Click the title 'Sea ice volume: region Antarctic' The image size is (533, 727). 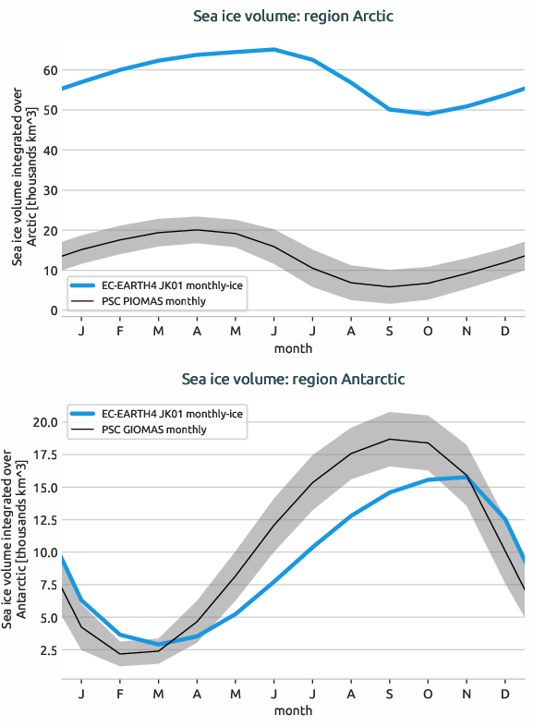click(293, 379)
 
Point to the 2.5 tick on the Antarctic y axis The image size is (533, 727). click(46, 650)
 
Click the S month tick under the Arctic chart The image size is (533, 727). click(389, 330)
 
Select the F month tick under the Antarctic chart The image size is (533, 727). click(120, 692)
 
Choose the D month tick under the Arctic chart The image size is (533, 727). click(504, 330)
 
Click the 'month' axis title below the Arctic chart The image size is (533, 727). click(293, 348)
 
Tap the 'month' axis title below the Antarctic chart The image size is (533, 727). click(293, 710)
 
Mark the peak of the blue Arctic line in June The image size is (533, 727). click(273, 49)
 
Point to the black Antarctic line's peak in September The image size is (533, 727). click(389, 439)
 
